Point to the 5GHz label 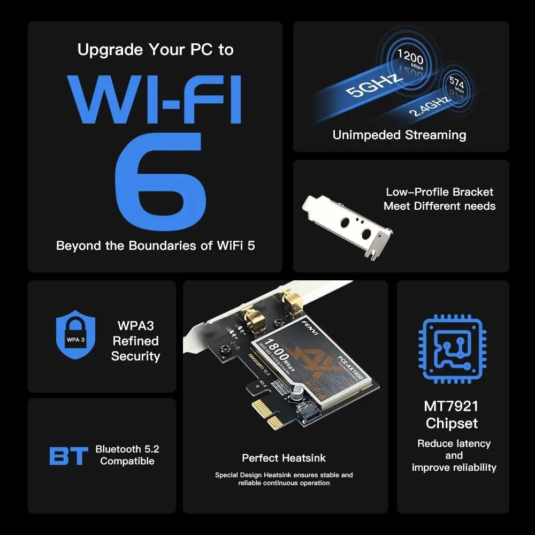pyautogui.click(x=374, y=85)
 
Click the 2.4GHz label pyautogui.click(x=431, y=104)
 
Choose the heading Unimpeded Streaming pyautogui.click(x=399, y=135)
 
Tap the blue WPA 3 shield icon pyautogui.click(x=75, y=337)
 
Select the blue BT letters pyautogui.click(x=68, y=456)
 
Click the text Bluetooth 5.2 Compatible pyautogui.click(x=127, y=455)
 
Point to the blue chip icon pyautogui.click(x=453, y=350)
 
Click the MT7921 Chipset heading pyautogui.click(x=452, y=415)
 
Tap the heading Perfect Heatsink pyautogui.click(x=284, y=458)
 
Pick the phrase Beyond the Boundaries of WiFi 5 pyautogui.click(x=156, y=246)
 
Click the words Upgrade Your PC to pyautogui.click(x=156, y=50)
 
